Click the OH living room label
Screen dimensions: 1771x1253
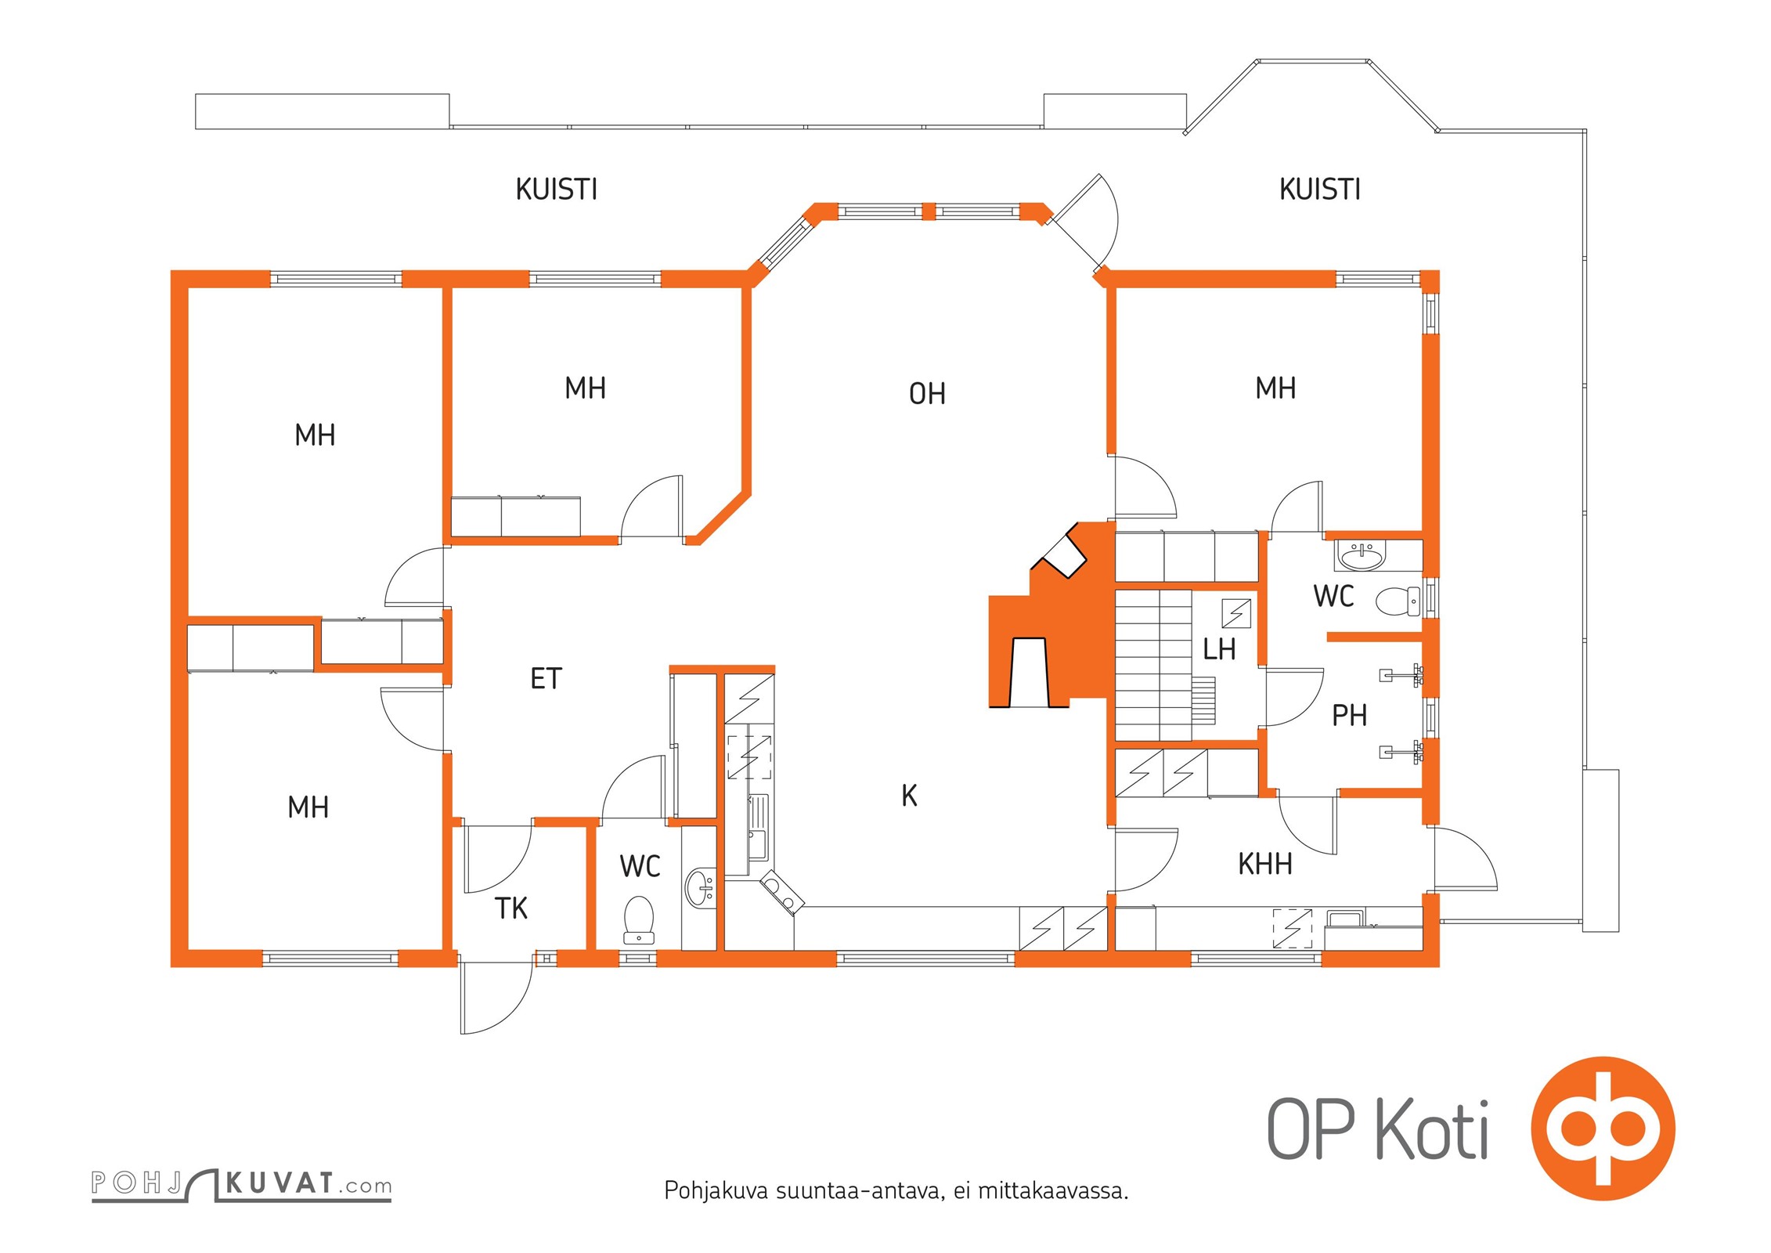(x=927, y=394)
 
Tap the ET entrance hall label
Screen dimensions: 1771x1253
(x=546, y=678)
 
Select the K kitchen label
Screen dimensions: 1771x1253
(x=909, y=796)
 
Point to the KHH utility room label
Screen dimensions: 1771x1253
(x=1264, y=864)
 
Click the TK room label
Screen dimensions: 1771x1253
(x=511, y=908)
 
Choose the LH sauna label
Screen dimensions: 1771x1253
(x=1219, y=649)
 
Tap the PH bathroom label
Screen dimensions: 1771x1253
(x=1349, y=715)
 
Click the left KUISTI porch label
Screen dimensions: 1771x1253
(x=557, y=190)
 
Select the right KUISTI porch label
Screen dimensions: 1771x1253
(x=1320, y=190)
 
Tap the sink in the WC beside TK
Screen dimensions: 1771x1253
(x=701, y=888)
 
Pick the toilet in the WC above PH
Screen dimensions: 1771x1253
(x=1398, y=601)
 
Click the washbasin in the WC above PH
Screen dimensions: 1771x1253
(x=1362, y=555)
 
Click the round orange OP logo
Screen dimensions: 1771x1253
(x=1603, y=1128)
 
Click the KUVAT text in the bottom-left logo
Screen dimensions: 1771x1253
(x=280, y=1183)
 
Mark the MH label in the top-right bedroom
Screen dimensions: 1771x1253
(x=1275, y=388)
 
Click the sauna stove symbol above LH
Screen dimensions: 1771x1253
(x=1236, y=613)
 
